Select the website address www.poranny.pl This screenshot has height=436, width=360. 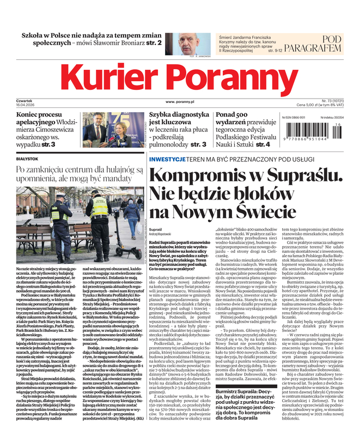(x=180, y=101)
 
